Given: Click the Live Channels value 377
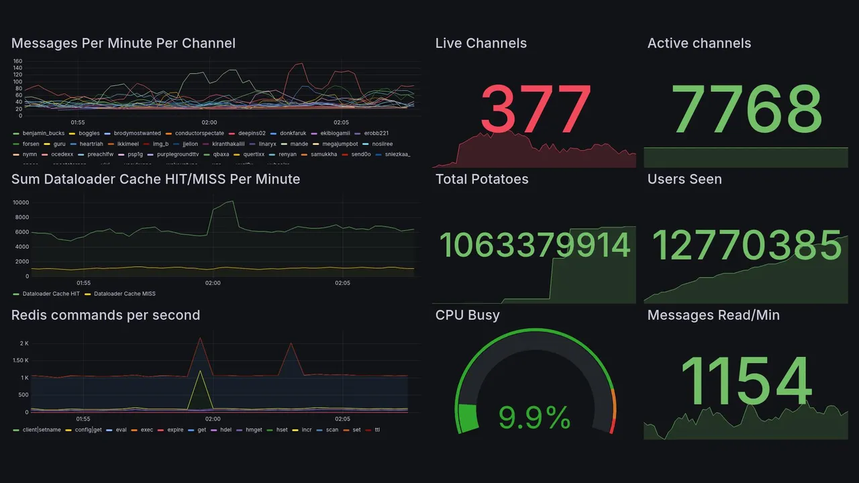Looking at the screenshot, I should click(x=536, y=109).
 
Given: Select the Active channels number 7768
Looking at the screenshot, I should click(x=746, y=109).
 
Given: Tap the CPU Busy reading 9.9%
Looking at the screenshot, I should click(x=534, y=418).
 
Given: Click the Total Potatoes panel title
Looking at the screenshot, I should click(x=481, y=179).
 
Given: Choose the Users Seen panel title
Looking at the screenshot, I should click(x=684, y=179).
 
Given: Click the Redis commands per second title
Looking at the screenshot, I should click(x=105, y=315).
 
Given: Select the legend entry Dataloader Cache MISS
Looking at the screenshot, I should click(x=125, y=294).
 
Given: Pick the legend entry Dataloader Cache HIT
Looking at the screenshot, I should click(x=51, y=294).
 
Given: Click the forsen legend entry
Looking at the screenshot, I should click(x=31, y=144).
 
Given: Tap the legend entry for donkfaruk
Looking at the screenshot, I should click(x=293, y=133).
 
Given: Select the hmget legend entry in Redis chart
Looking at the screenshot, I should click(x=254, y=430).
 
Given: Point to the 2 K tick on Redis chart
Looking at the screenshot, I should click(x=23, y=343).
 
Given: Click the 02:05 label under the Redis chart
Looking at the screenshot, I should click(x=342, y=419).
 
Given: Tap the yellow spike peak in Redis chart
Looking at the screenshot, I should click(x=200, y=370).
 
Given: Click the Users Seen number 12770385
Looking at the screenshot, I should click(x=746, y=245).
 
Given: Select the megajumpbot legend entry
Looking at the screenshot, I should click(x=340, y=144).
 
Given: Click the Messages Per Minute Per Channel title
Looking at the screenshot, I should click(x=123, y=44).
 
